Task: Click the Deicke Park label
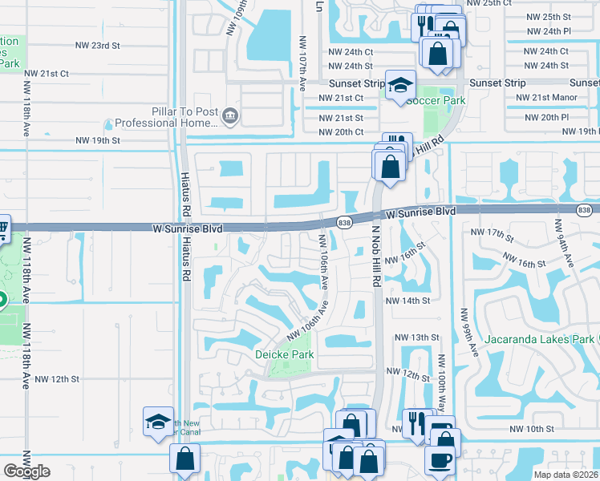pos(284,354)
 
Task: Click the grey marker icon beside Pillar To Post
pos(230,117)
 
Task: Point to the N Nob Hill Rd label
pos(375,256)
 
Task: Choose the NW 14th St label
pos(408,301)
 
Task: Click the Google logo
pos(26,471)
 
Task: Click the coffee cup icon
pos(438,461)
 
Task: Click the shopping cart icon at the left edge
pos(2,228)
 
